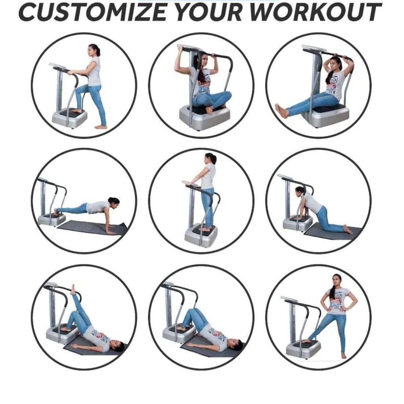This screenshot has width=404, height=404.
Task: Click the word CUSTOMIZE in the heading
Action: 92,12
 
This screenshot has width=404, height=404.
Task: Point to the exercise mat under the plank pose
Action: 93,227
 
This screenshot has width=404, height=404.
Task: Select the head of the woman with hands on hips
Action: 337,282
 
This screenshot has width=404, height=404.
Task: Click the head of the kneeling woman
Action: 300,192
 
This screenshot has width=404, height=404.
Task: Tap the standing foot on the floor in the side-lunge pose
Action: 343,356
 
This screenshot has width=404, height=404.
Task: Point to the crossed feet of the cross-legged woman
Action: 208,110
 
